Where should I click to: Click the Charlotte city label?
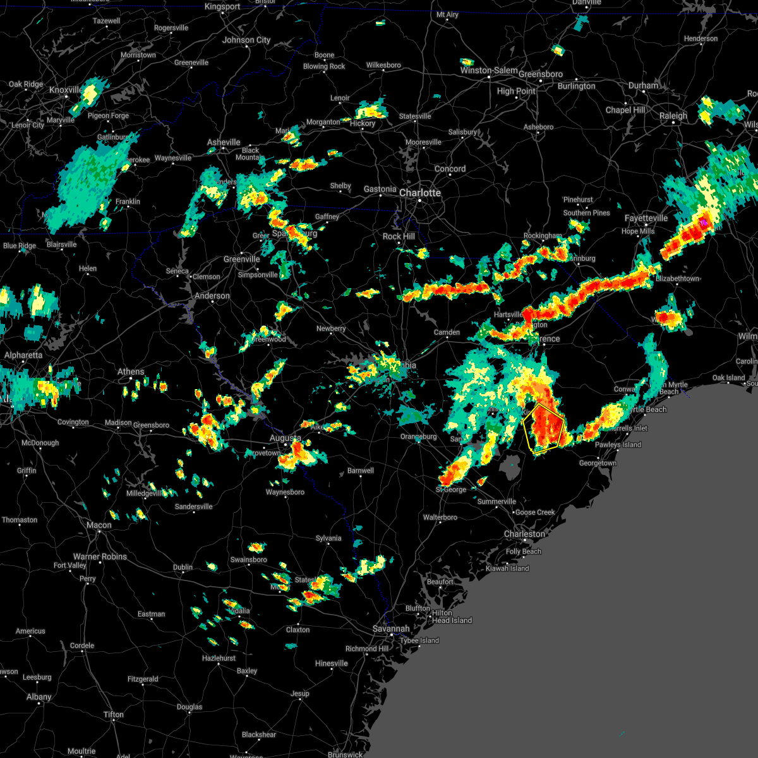420,193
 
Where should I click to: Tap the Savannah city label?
390,629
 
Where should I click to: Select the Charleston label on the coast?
524,534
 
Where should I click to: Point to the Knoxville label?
66,90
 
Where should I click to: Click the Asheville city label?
224,142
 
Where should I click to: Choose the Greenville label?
241,259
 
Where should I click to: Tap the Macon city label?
99,525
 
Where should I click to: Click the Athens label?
131,371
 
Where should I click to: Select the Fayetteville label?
646,218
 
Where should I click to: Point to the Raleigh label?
673,116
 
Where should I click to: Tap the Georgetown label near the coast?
598,463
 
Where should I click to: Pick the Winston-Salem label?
489,70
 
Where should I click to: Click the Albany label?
39,697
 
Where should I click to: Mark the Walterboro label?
440,517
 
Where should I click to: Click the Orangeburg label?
418,436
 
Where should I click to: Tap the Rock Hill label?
399,236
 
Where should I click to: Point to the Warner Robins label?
100,556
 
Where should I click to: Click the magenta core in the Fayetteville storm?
704,223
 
